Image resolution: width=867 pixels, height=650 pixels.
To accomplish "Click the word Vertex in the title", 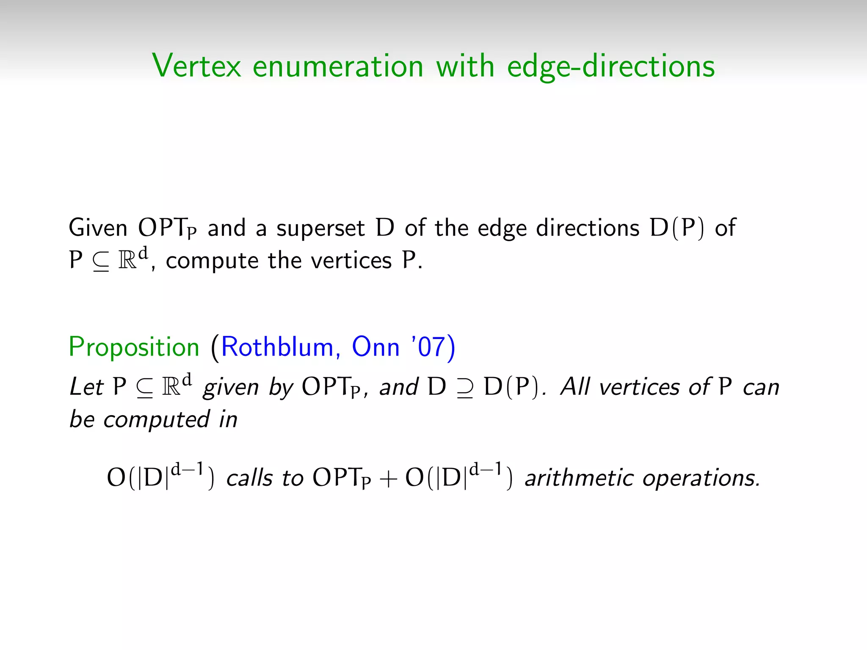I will tap(196, 66).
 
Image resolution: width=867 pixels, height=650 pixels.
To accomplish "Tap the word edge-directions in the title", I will tap(610, 67).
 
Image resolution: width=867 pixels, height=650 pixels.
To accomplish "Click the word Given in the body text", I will tap(98, 228).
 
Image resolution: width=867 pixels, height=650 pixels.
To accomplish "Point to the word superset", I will tap(320, 229).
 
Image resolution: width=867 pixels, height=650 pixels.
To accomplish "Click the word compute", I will tap(212, 261).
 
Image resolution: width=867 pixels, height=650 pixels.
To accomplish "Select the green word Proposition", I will tap(134, 347).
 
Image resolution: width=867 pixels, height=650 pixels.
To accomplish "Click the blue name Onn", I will tap(376, 347).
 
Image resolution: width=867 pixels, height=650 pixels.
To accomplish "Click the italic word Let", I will tap(86, 387).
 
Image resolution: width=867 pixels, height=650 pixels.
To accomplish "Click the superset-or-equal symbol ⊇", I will tap(465, 388).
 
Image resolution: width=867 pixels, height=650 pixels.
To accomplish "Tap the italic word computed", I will tap(156, 420).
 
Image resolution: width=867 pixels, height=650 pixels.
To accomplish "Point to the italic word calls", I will tap(249, 478).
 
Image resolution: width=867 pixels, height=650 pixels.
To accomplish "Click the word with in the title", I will tap(465, 66).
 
